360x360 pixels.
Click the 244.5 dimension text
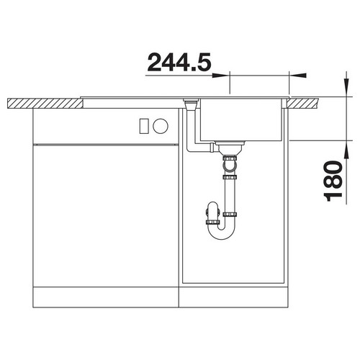pos(179,62)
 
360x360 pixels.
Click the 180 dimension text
pos(333,181)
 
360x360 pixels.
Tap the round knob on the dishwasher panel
pos(161,126)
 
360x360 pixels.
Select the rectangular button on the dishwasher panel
pos(143,126)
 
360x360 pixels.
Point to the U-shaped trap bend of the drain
pos(222,233)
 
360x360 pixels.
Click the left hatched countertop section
pos(45,103)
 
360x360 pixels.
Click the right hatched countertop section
pos(304,103)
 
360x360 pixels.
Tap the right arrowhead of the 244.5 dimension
pos(297,76)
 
